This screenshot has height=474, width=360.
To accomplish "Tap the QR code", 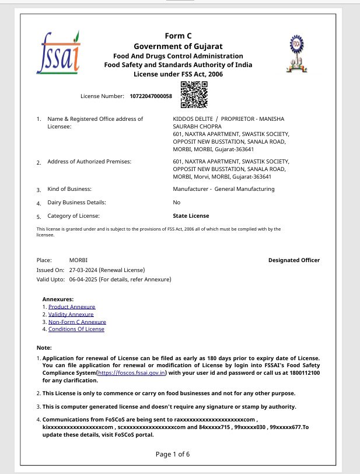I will pyautogui.click(x=194, y=95).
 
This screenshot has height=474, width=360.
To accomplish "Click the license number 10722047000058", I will pyautogui.click(x=151, y=96).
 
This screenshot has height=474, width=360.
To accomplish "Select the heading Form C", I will pyautogui.click(x=178, y=36).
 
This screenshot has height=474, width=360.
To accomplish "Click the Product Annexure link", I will pyautogui.click(x=72, y=306).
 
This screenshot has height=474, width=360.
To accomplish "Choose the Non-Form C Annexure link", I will pyautogui.click(x=77, y=322).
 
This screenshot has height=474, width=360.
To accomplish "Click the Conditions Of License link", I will pyautogui.click(x=76, y=329).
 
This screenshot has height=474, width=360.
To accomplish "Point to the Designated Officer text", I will pyautogui.click(x=294, y=260).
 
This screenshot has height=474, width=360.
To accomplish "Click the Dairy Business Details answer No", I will pyautogui.click(x=177, y=203).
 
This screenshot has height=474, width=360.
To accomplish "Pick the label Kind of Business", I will pyautogui.click(x=69, y=189).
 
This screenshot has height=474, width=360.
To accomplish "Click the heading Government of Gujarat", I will pyautogui.click(x=178, y=46).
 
